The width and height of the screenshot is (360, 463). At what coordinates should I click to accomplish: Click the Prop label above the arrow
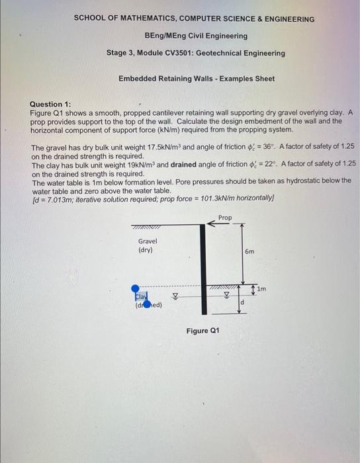pos(225,218)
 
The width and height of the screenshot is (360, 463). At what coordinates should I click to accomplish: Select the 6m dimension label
pos(249,251)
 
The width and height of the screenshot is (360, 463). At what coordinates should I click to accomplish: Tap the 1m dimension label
pos(263,289)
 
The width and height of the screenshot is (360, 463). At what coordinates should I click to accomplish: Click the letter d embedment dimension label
pos(243,303)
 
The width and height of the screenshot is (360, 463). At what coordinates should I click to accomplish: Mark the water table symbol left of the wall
pos(176,297)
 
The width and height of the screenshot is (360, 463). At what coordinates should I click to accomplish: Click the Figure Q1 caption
pos(202,331)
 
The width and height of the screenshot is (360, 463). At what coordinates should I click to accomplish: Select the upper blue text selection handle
pos(135,288)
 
